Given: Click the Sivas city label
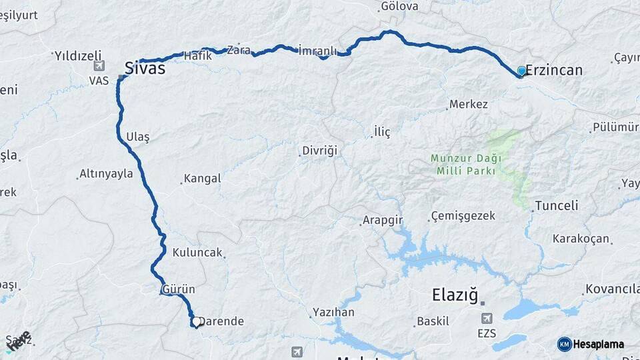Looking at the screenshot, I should (x=145, y=68).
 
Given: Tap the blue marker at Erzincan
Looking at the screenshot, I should (x=521, y=71).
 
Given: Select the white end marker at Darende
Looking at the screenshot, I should (x=197, y=322).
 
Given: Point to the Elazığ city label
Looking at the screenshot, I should (x=455, y=294).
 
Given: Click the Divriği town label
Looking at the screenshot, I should (x=320, y=151).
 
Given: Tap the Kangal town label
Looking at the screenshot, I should (x=202, y=179).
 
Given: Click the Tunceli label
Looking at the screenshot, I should (x=556, y=206).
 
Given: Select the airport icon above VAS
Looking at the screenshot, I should (x=99, y=65).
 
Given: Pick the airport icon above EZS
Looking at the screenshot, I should (x=487, y=319).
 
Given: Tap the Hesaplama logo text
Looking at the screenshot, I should (x=598, y=344).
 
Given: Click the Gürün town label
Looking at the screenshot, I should (x=178, y=289).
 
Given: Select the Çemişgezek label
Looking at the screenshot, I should (x=463, y=216).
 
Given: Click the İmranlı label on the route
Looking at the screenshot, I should (x=317, y=51).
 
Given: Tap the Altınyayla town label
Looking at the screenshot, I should (x=106, y=174).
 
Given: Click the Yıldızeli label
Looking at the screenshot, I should (x=78, y=55).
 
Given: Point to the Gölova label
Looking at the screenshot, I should (x=399, y=7).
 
